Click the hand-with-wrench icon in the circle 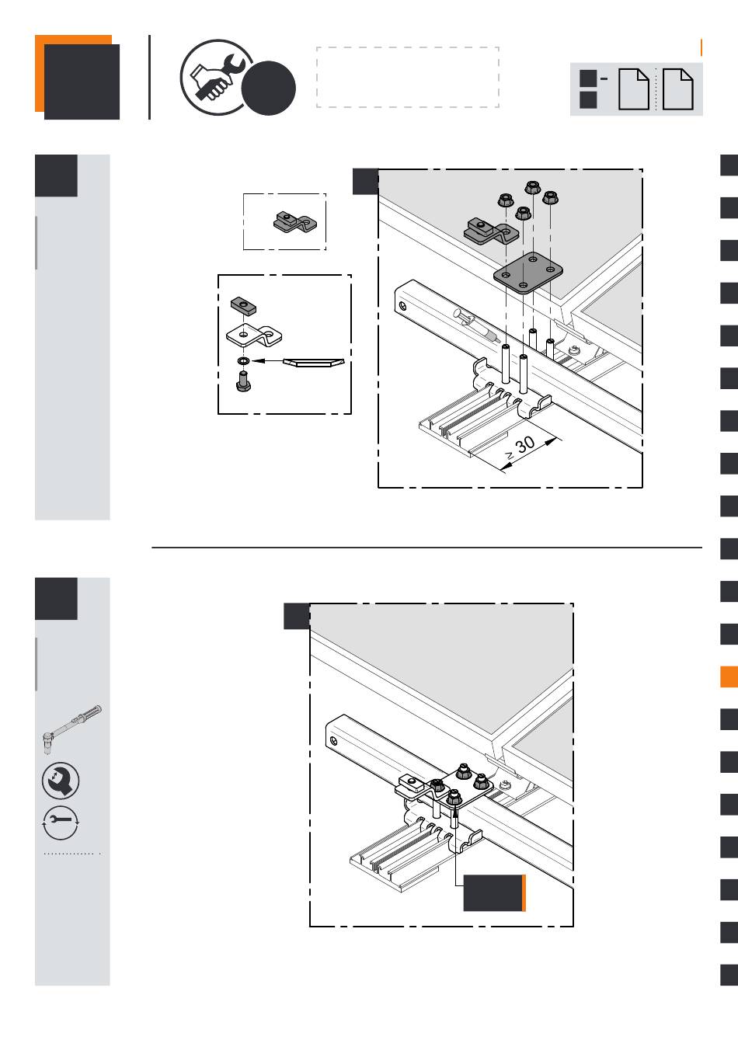pyautogui.click(x=215, y=77)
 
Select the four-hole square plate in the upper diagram pyautogui.click(x=528, y=273)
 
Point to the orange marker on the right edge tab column pyautogui.click(x=729, y=677)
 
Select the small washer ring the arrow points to pyautogui.click(x=243, y=360)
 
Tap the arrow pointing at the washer pyautogui.click(x=267, y=360)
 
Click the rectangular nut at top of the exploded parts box pyautogui.click(x=243, y=307)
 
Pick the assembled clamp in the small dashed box pyautogui.click(x=294, y=222)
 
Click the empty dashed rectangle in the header pyautogui.click(x=408, y=77)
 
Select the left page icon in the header pyautogui.click(x=633, y=89)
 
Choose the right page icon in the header pyautogui.click(x=677, y=89)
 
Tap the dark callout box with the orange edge pyautogui.click(x=494, y=893)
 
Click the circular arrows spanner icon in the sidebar pyautogui.click(x=61, y=823)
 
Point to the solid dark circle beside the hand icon pyautogui.click(x=269, y=89)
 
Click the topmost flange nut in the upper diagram pyautogui.click(x=533, y=187)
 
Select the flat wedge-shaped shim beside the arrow pyautogui.click(x=314, y=362)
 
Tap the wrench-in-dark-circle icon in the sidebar pyautogui.click(x=61, y=781)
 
